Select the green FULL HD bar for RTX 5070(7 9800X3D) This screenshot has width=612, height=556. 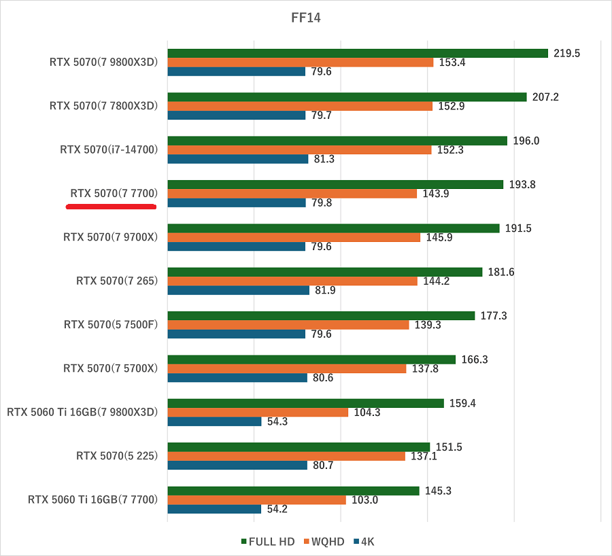(x=357, y=53)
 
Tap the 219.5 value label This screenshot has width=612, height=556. (x=567, y=53)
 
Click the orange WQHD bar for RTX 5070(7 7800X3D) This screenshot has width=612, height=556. (x=300, y=106)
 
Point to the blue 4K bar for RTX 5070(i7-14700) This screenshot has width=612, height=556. (x=237, y=159)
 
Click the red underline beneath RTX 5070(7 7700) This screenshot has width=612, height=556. (x=112, y=205)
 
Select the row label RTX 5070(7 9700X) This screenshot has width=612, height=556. (x=110, y=237)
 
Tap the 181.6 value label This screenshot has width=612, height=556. (x=501, y=272)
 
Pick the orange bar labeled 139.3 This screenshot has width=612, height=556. (x=288, y=325)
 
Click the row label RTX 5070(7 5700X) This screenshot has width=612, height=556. (x=110, y=368)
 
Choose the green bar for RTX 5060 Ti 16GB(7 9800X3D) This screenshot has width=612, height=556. (x=305, y=403)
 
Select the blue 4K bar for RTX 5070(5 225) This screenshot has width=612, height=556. (x=237, y=465)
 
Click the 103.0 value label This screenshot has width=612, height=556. (x=364, y=500)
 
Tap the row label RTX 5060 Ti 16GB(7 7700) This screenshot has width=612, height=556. (x=92, y=500)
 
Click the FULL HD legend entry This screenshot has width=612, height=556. (x=268, y=542)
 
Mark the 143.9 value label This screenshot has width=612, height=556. (x=436, y=194)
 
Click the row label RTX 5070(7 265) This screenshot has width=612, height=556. (x=117, y=281)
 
